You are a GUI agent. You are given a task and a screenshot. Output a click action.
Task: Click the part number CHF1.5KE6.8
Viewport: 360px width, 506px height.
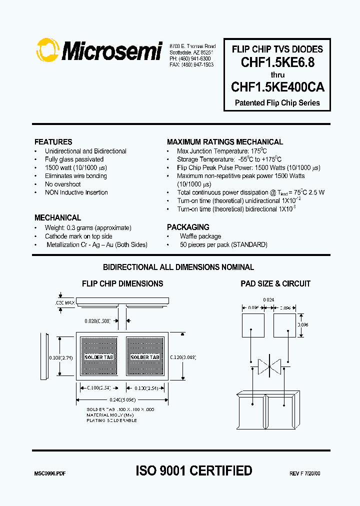pos(277,62)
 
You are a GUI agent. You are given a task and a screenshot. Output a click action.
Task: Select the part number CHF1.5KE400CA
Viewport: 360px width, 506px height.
pos(277,87)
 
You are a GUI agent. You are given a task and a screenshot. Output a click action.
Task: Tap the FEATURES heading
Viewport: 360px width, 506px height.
pos(53,142)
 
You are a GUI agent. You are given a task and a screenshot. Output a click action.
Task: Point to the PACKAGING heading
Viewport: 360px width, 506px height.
pos(188,227)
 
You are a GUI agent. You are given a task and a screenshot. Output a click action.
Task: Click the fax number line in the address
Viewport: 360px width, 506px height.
pos(191,65)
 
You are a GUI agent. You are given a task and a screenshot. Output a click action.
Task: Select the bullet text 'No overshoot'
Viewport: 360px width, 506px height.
pos(62,184)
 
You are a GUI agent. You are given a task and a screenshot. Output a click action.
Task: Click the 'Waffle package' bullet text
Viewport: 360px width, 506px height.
pos(200,236)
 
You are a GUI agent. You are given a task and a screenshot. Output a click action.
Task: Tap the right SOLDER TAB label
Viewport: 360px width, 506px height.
pos(145,357)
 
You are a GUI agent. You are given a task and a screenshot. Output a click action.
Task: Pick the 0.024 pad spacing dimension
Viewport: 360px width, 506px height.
pos(269,300)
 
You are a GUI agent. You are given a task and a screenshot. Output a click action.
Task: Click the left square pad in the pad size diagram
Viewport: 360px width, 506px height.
pos(253,325)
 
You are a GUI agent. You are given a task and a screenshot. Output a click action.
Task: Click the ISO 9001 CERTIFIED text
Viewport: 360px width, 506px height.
pos(194,470)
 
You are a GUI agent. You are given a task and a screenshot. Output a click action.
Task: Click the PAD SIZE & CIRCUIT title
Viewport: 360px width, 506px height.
pos(275,283)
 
